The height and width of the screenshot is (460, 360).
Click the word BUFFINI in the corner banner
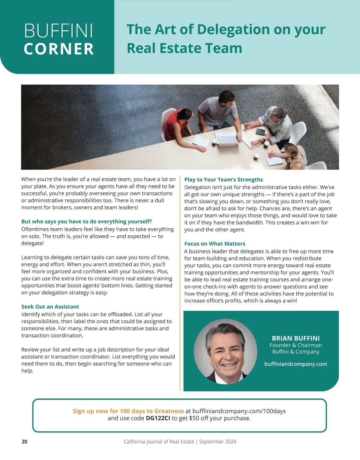[x=58, y=31]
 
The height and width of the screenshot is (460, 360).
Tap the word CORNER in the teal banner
[x=59, y=49]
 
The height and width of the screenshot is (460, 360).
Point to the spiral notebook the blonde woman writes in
[x=274, y=161]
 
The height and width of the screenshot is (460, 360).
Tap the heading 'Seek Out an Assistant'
[x=50, y=307]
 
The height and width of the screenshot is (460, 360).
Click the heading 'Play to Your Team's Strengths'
[x=223, y=180]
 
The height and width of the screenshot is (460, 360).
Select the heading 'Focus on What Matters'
[x=214, y=244]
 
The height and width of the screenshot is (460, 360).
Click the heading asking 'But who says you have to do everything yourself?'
[x=86, y=221]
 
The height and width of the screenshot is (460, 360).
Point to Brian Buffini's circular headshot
[x=225, y=351]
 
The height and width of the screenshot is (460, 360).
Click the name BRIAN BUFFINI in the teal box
[x=295, y=338]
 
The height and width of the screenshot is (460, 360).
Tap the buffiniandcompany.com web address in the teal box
[x=295, y=364]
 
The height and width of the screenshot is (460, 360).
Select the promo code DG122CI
[x=158, y=418]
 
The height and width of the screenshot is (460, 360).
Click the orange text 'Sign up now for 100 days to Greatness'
[x=128, y=411]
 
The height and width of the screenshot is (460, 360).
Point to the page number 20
[x=25, y=442]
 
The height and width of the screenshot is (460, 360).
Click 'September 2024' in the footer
[x=217, y=442]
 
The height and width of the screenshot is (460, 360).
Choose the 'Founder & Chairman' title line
[x=295, y=345]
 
